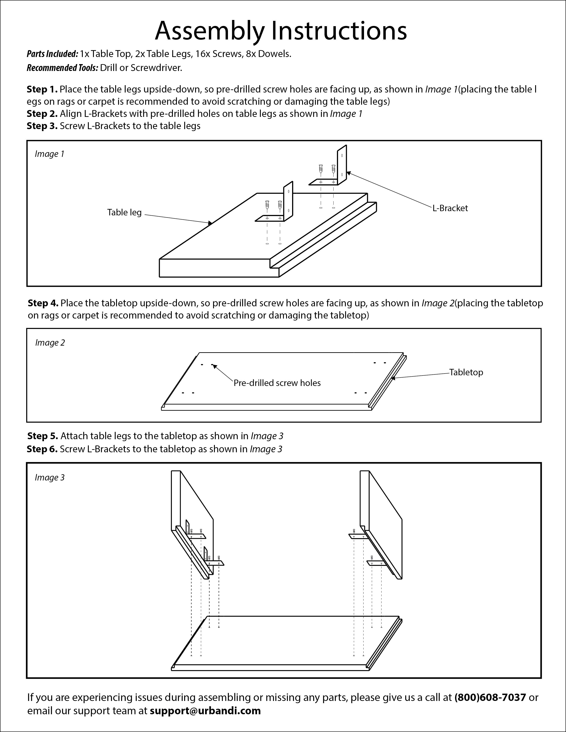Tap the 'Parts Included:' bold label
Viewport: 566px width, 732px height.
52,54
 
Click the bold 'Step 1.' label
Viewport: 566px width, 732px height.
42,89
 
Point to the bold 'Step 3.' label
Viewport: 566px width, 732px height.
42,126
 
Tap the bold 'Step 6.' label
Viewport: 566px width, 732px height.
42,449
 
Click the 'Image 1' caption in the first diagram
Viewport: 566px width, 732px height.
49,154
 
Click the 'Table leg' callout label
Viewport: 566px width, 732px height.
124,213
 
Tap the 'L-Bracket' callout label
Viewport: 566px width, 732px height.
450,208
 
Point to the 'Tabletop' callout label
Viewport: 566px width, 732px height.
466,372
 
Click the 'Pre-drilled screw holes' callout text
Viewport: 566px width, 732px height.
277,383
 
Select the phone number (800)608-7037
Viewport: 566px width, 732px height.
490,697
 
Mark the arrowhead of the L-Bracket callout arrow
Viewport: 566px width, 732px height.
348,173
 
